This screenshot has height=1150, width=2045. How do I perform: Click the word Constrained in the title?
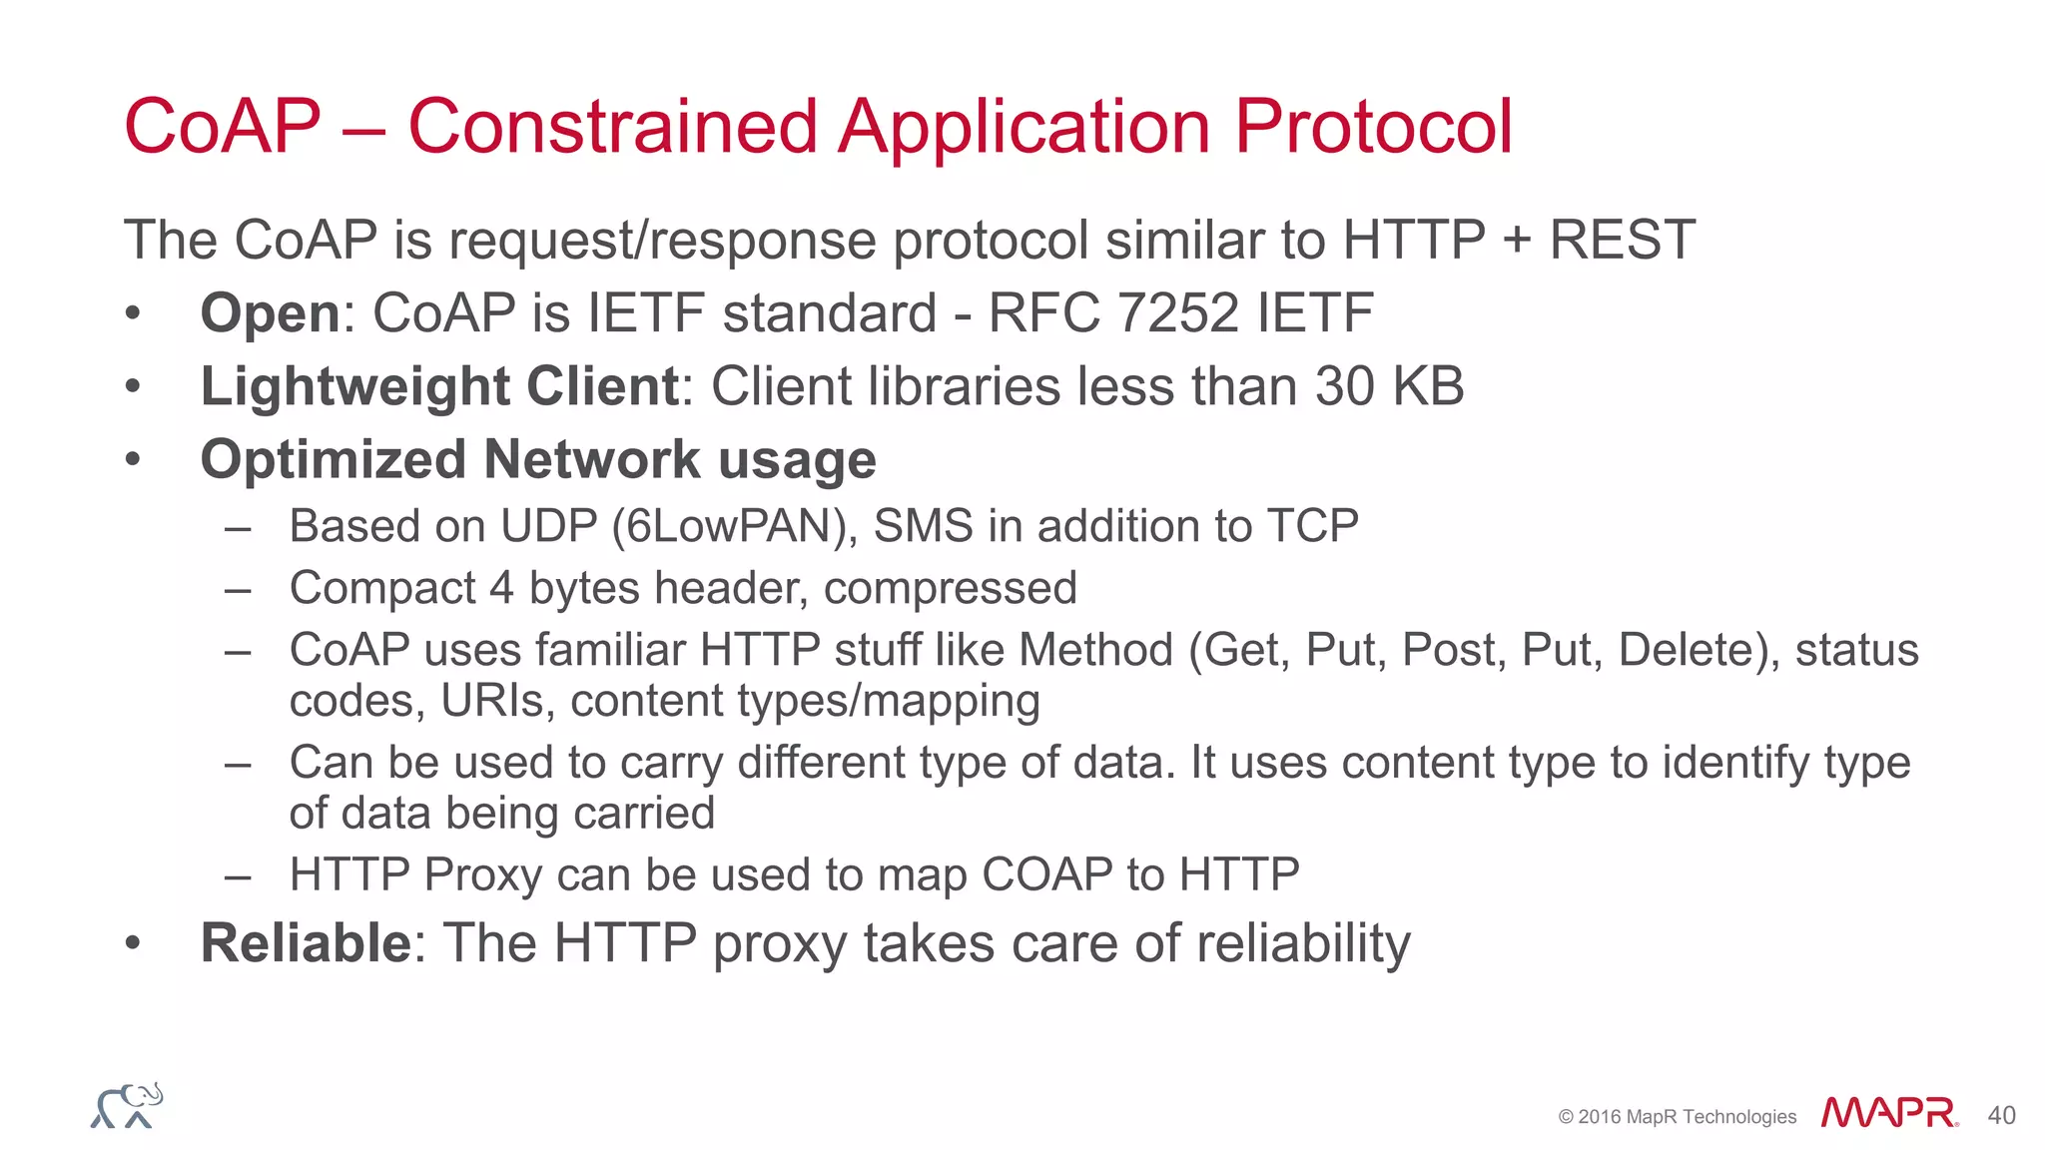613,128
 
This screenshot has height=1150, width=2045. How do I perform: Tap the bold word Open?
271,314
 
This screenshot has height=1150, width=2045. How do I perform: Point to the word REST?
1622,241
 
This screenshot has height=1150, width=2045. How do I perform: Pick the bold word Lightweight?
354,387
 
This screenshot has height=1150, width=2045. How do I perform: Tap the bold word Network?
592,460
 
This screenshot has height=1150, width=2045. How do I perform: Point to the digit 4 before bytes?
501,588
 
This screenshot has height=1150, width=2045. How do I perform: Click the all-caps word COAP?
1047,875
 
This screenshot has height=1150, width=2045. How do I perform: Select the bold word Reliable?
306,943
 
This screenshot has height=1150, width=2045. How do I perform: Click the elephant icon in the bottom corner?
127,1106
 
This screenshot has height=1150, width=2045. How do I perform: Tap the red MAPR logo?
1888,1113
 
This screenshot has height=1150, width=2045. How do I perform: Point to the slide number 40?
2001,1116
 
